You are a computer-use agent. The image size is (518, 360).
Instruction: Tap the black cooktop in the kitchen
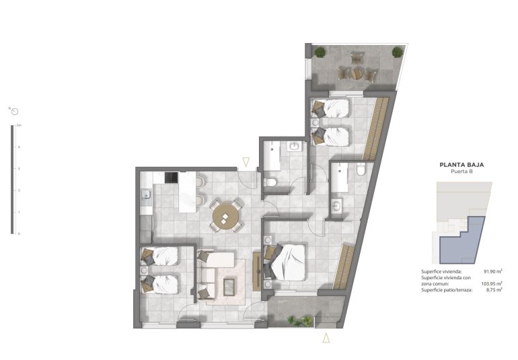pos(171,178)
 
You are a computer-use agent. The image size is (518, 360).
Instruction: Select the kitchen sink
pos(145,196)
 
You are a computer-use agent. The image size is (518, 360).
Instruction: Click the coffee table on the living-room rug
pos(229,286)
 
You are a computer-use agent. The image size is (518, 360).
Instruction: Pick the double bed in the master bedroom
pos(289,260)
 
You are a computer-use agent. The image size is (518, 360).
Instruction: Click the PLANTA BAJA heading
pos(461,164)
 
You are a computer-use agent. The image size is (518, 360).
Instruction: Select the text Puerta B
pos(461,172)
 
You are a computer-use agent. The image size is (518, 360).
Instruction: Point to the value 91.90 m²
pos(485,271)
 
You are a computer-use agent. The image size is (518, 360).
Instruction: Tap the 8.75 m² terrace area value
pos(486,289)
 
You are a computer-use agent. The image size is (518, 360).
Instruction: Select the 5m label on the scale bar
pos(20,125)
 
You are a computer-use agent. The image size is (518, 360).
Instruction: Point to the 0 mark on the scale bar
pos(19,233)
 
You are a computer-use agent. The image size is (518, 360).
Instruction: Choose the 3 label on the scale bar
pos(19,169)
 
